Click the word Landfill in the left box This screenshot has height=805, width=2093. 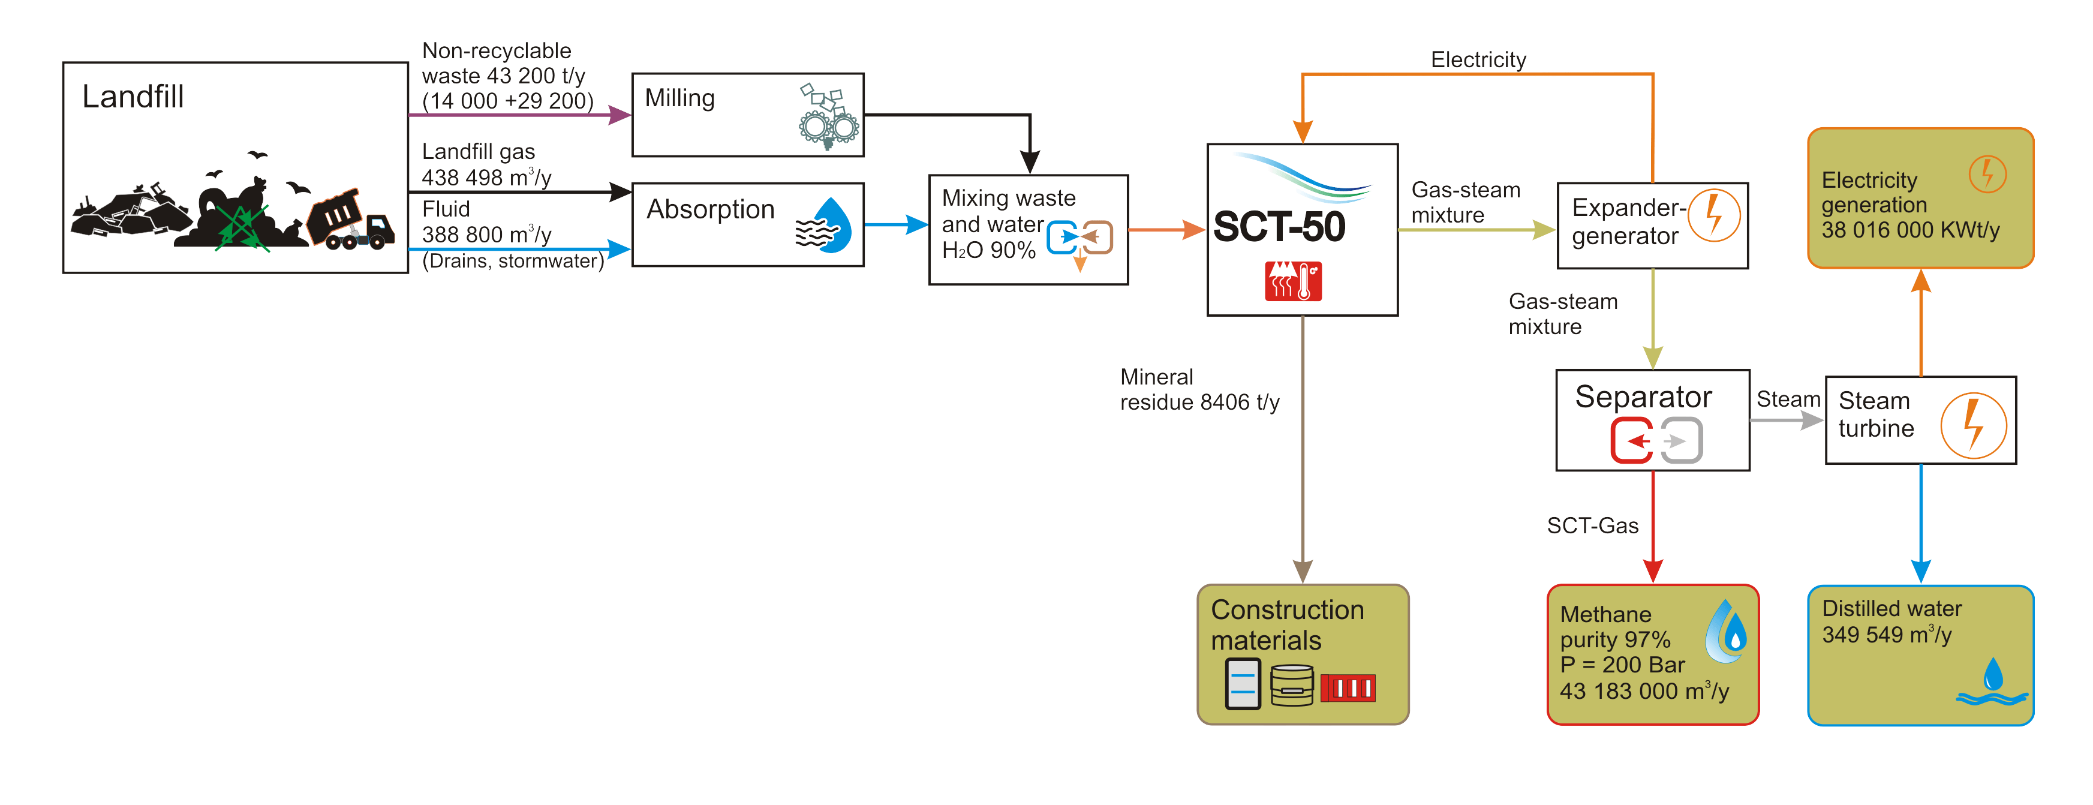(x=133, y=97)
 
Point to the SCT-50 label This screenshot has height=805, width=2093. (x=1279, y=227)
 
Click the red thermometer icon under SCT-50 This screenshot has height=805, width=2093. (x=1293, y=281)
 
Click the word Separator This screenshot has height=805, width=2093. (x=1643, y=397)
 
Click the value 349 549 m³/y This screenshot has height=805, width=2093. (x=1886, y=635)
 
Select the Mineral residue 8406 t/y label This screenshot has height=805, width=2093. (x=1199, y=390)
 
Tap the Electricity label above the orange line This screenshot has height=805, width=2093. (x=1478, y=60)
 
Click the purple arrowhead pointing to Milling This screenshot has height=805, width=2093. (x=620, y=115)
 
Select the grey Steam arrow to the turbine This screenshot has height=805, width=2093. (x=1788, y=420)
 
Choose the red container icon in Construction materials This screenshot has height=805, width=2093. (x=1347, y=688)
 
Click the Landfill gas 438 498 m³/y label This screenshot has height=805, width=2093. (x=486, y=165)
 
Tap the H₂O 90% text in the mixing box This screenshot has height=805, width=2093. (x=988, y=250)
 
